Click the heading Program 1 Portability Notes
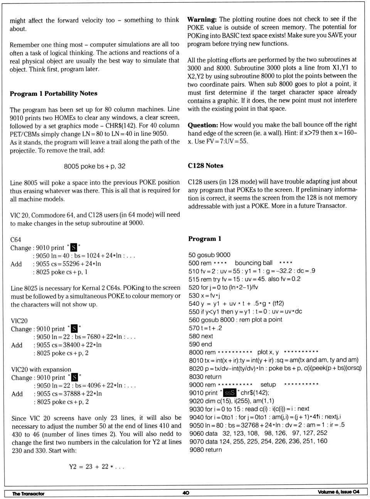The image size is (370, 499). pos(54,93)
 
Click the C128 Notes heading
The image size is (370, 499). pos(205,166)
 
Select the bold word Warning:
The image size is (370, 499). pos(202,19)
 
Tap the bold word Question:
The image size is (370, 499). pos(203,125)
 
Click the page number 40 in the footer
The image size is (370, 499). pos(186,492)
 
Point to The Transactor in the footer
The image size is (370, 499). pos(28,494)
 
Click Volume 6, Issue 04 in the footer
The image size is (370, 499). pos(338,492)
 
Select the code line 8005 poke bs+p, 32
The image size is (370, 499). pos(94,166)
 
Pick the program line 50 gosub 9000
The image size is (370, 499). pos(209,255)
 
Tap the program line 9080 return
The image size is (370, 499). pos(205,450)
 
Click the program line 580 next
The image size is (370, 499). pos(201,336)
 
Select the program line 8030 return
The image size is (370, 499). pos(205,377)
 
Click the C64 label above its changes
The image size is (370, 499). pos(15,239)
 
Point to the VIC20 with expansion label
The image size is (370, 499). pos(41,369)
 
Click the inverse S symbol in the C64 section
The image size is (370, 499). pos(74,248)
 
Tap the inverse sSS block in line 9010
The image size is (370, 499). pos(230,393)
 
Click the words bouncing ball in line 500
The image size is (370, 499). pos(254,263)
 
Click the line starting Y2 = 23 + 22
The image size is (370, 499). pos(96,467)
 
